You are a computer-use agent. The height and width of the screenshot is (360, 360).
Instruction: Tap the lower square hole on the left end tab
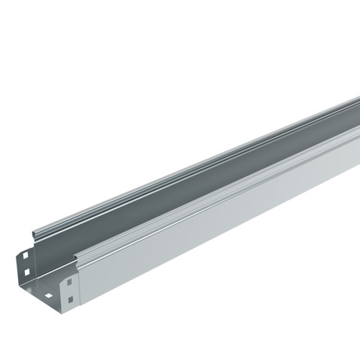tap(27, 273)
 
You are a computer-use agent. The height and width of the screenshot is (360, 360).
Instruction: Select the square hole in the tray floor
tap(49, 295)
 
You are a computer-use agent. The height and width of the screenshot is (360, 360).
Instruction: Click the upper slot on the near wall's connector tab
tap(70, 282)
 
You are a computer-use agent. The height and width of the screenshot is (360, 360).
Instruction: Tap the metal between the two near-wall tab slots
tap(70, 290)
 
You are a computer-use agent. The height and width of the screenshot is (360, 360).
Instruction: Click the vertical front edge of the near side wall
tap(78, 288)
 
